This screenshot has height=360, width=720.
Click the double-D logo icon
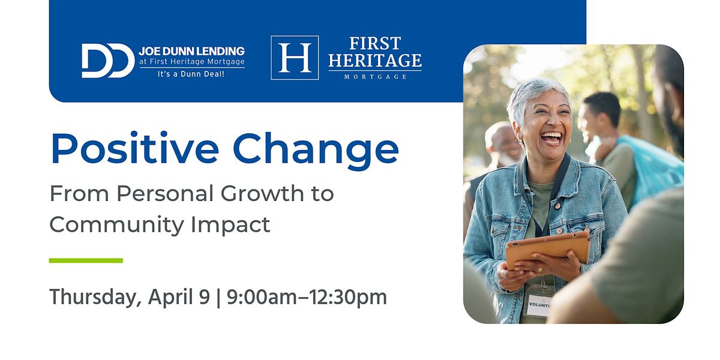point(107,61)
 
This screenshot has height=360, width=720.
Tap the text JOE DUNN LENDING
point(191,51)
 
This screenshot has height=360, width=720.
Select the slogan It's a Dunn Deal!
point(191,74)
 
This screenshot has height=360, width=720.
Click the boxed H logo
point(295,58)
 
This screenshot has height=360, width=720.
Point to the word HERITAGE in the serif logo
point(375,61)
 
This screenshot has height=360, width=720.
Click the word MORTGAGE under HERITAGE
point(375,77)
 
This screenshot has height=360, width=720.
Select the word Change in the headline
point(316,151)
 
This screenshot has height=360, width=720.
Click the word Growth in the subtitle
point(262,193)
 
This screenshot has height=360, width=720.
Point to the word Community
point(116,224)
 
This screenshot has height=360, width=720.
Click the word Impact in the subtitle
point(230,224)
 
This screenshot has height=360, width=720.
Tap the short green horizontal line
point(86,260)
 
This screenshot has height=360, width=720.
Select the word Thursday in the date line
point(95,297)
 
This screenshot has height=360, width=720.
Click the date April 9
point(179,297)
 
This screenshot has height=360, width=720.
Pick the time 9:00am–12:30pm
point(307,297)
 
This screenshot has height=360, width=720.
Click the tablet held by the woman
point(548,250)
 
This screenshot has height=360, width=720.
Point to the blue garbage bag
point(653,167)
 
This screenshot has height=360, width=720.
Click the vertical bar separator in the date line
point(218,298)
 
